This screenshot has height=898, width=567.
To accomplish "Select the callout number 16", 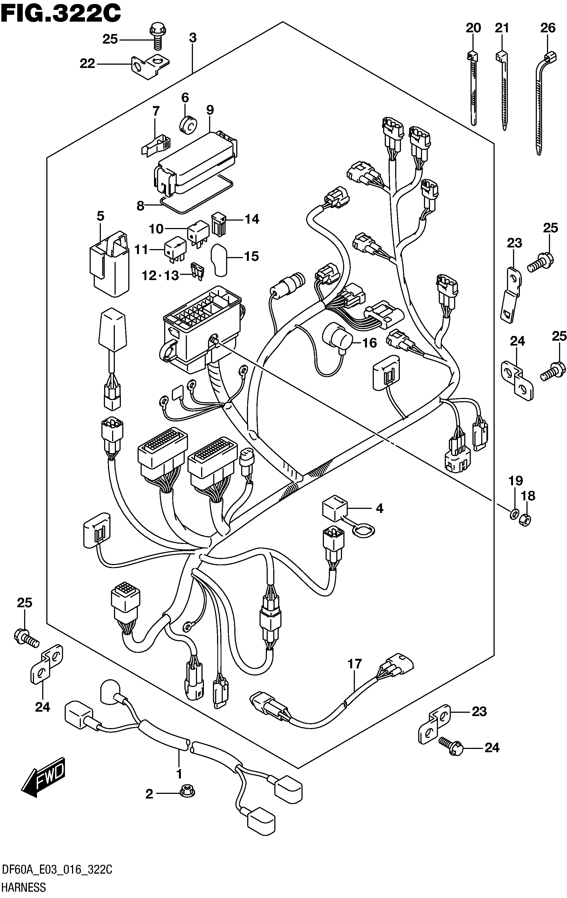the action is pos(369,343).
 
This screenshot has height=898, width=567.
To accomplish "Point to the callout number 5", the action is pos(100,216).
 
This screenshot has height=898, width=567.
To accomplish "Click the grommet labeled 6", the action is pos(189,124).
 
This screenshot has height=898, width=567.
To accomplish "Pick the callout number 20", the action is pos(473,28).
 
